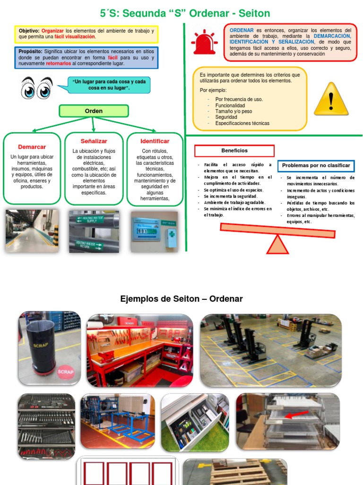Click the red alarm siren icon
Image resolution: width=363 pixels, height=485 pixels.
[204, 42]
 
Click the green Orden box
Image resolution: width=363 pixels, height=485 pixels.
[94, 111]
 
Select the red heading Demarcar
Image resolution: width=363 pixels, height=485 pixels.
[32, 147]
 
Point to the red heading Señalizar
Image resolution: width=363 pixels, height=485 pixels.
[94, 141]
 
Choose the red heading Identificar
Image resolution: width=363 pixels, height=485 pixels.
[155, 141]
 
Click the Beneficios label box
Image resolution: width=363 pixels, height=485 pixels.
[234, 151]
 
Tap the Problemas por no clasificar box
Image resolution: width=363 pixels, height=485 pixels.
[316, 166]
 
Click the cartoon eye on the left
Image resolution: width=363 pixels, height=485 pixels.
[28, 89]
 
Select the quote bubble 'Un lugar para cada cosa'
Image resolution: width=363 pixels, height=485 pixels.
[108, 85]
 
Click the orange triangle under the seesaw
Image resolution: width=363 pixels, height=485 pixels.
[277, 244]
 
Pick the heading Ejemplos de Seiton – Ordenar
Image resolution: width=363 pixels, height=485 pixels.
[181, 299]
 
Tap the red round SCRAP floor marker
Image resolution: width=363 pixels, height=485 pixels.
[65, 372]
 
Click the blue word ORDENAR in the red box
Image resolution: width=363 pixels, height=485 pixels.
[242, 30]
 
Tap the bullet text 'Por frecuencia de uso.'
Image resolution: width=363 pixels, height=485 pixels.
[239, 99]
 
